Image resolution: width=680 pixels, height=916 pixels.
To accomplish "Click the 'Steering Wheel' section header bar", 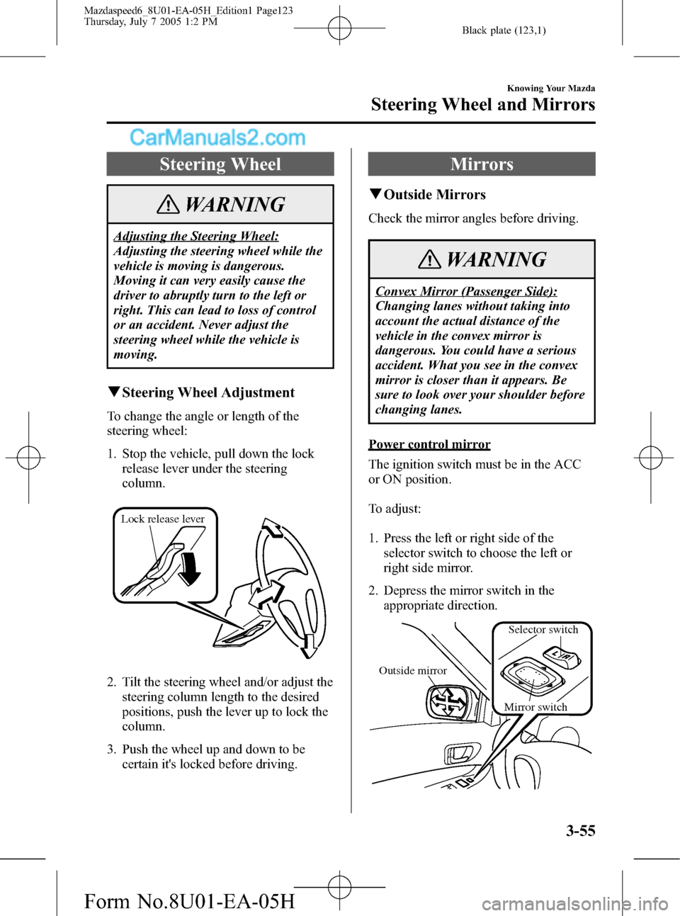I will tap(220, 164).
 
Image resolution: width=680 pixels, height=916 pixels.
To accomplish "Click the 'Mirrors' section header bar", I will tap(482, 164).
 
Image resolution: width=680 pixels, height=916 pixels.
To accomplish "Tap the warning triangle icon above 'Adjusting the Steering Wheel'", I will tap(169, 205).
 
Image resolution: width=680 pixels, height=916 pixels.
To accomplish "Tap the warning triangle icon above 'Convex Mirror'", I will tap(429, 260).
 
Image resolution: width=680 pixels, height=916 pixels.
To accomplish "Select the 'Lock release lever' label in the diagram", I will tap(163, 519).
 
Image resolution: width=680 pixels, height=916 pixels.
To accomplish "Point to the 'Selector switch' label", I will tap(543, 630).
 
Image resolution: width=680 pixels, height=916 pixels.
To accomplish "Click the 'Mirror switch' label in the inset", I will tap(535, 707).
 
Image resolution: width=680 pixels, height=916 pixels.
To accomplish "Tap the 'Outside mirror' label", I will tap(413, 671).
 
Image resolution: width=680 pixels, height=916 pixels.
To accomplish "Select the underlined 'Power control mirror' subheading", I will tap(429, 444).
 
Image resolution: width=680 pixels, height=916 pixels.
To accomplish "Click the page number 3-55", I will tap(580, 831).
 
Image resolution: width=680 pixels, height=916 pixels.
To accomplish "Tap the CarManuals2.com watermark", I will tap(217, 137).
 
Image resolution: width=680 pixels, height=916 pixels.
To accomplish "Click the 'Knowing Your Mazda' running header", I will tap(551, 89).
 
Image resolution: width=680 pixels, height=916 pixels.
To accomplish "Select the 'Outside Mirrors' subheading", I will tap(434, 195).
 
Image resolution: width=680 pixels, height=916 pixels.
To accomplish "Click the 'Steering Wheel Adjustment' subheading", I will tap(208, 392).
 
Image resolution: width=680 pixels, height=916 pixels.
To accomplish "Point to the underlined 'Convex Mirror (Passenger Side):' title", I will tap(466, 291).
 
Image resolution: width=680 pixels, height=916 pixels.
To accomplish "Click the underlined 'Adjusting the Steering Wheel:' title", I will tap(196, 236).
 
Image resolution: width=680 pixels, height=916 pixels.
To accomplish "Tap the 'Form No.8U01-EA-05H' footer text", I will tap(189, 901).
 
